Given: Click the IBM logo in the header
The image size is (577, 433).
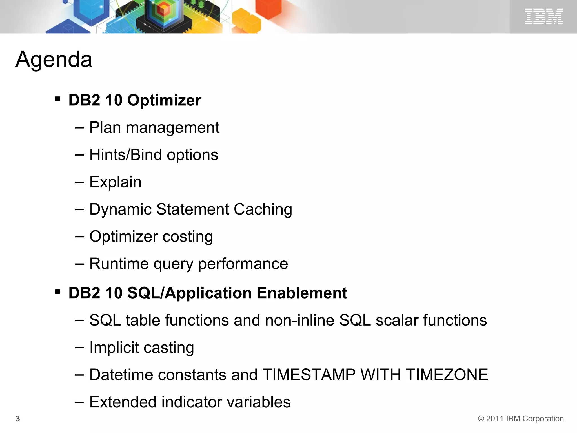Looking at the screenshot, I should point(544,16).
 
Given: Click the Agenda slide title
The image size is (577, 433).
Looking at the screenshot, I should point(54,59).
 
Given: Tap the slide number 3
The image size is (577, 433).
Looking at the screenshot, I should point(18,419).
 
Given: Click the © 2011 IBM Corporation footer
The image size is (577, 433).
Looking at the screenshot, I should point(521,419).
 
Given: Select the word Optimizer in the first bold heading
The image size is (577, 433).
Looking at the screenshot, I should point(164,100).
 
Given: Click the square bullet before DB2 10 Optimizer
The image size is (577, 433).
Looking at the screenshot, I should point(57,99).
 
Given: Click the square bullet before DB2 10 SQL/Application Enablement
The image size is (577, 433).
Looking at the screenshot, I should point(57,292).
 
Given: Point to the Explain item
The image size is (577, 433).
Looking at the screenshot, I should point(115,182).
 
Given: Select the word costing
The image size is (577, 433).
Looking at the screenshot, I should point(188,237).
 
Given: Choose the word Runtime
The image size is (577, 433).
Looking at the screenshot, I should point(119,264).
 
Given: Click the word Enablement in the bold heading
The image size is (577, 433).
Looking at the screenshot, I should point(302,293).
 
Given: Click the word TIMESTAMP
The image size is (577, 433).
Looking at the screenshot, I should point(309,375).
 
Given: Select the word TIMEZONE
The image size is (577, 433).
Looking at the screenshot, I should point(447,375).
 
